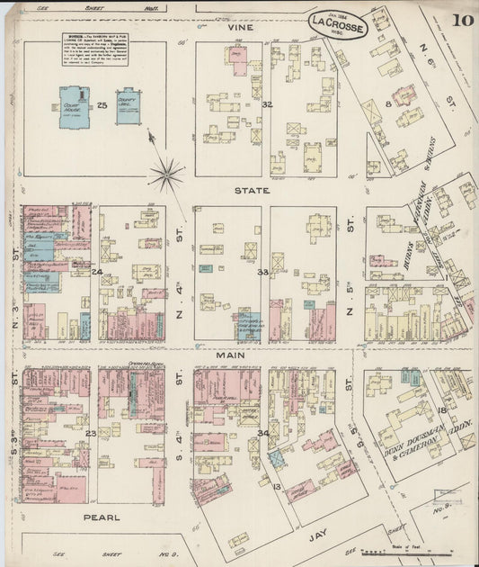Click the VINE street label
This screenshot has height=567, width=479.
(240, 28)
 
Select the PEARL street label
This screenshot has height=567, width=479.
(102, 517)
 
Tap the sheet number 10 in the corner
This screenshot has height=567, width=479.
(463, 20)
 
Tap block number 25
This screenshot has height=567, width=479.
(102, 106)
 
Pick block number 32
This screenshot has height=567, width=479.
(266, 104)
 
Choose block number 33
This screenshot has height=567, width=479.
(263, 272)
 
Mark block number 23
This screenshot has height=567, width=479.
(91, 433)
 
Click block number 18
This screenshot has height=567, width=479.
(441, 409)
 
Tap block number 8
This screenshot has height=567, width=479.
(387, 104)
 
